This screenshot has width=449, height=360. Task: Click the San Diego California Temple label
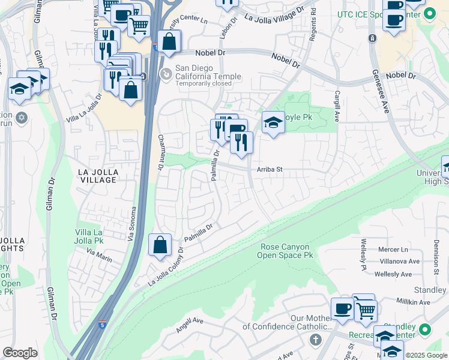[x=208, y=76]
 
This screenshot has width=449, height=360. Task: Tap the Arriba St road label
[x=270, y=170]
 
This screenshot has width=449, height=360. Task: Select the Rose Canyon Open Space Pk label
[x=287, y=251]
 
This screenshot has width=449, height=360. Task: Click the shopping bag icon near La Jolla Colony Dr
[x=160, y=245]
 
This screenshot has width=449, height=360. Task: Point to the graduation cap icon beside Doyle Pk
[x=273, y=123]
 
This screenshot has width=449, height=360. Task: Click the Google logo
[x=20, y=353]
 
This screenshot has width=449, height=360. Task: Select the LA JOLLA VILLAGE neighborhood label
[x=98, y=176]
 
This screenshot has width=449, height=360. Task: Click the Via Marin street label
[x=99, y=255]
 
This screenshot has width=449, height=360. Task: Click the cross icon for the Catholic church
[x=316, y=340]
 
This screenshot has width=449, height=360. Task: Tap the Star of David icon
[x=22, y=116]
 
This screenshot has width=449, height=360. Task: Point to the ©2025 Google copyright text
[x=426, y=355]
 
